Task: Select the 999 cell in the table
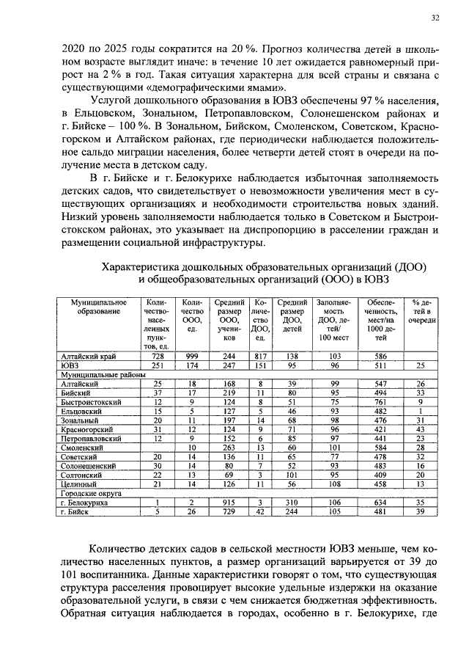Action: click(x=191, y=355)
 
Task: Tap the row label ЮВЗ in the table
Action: click(x=70, y=365)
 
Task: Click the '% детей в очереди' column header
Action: click(x=421, y=311)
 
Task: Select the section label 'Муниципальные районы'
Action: click(x=97, y=374)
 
